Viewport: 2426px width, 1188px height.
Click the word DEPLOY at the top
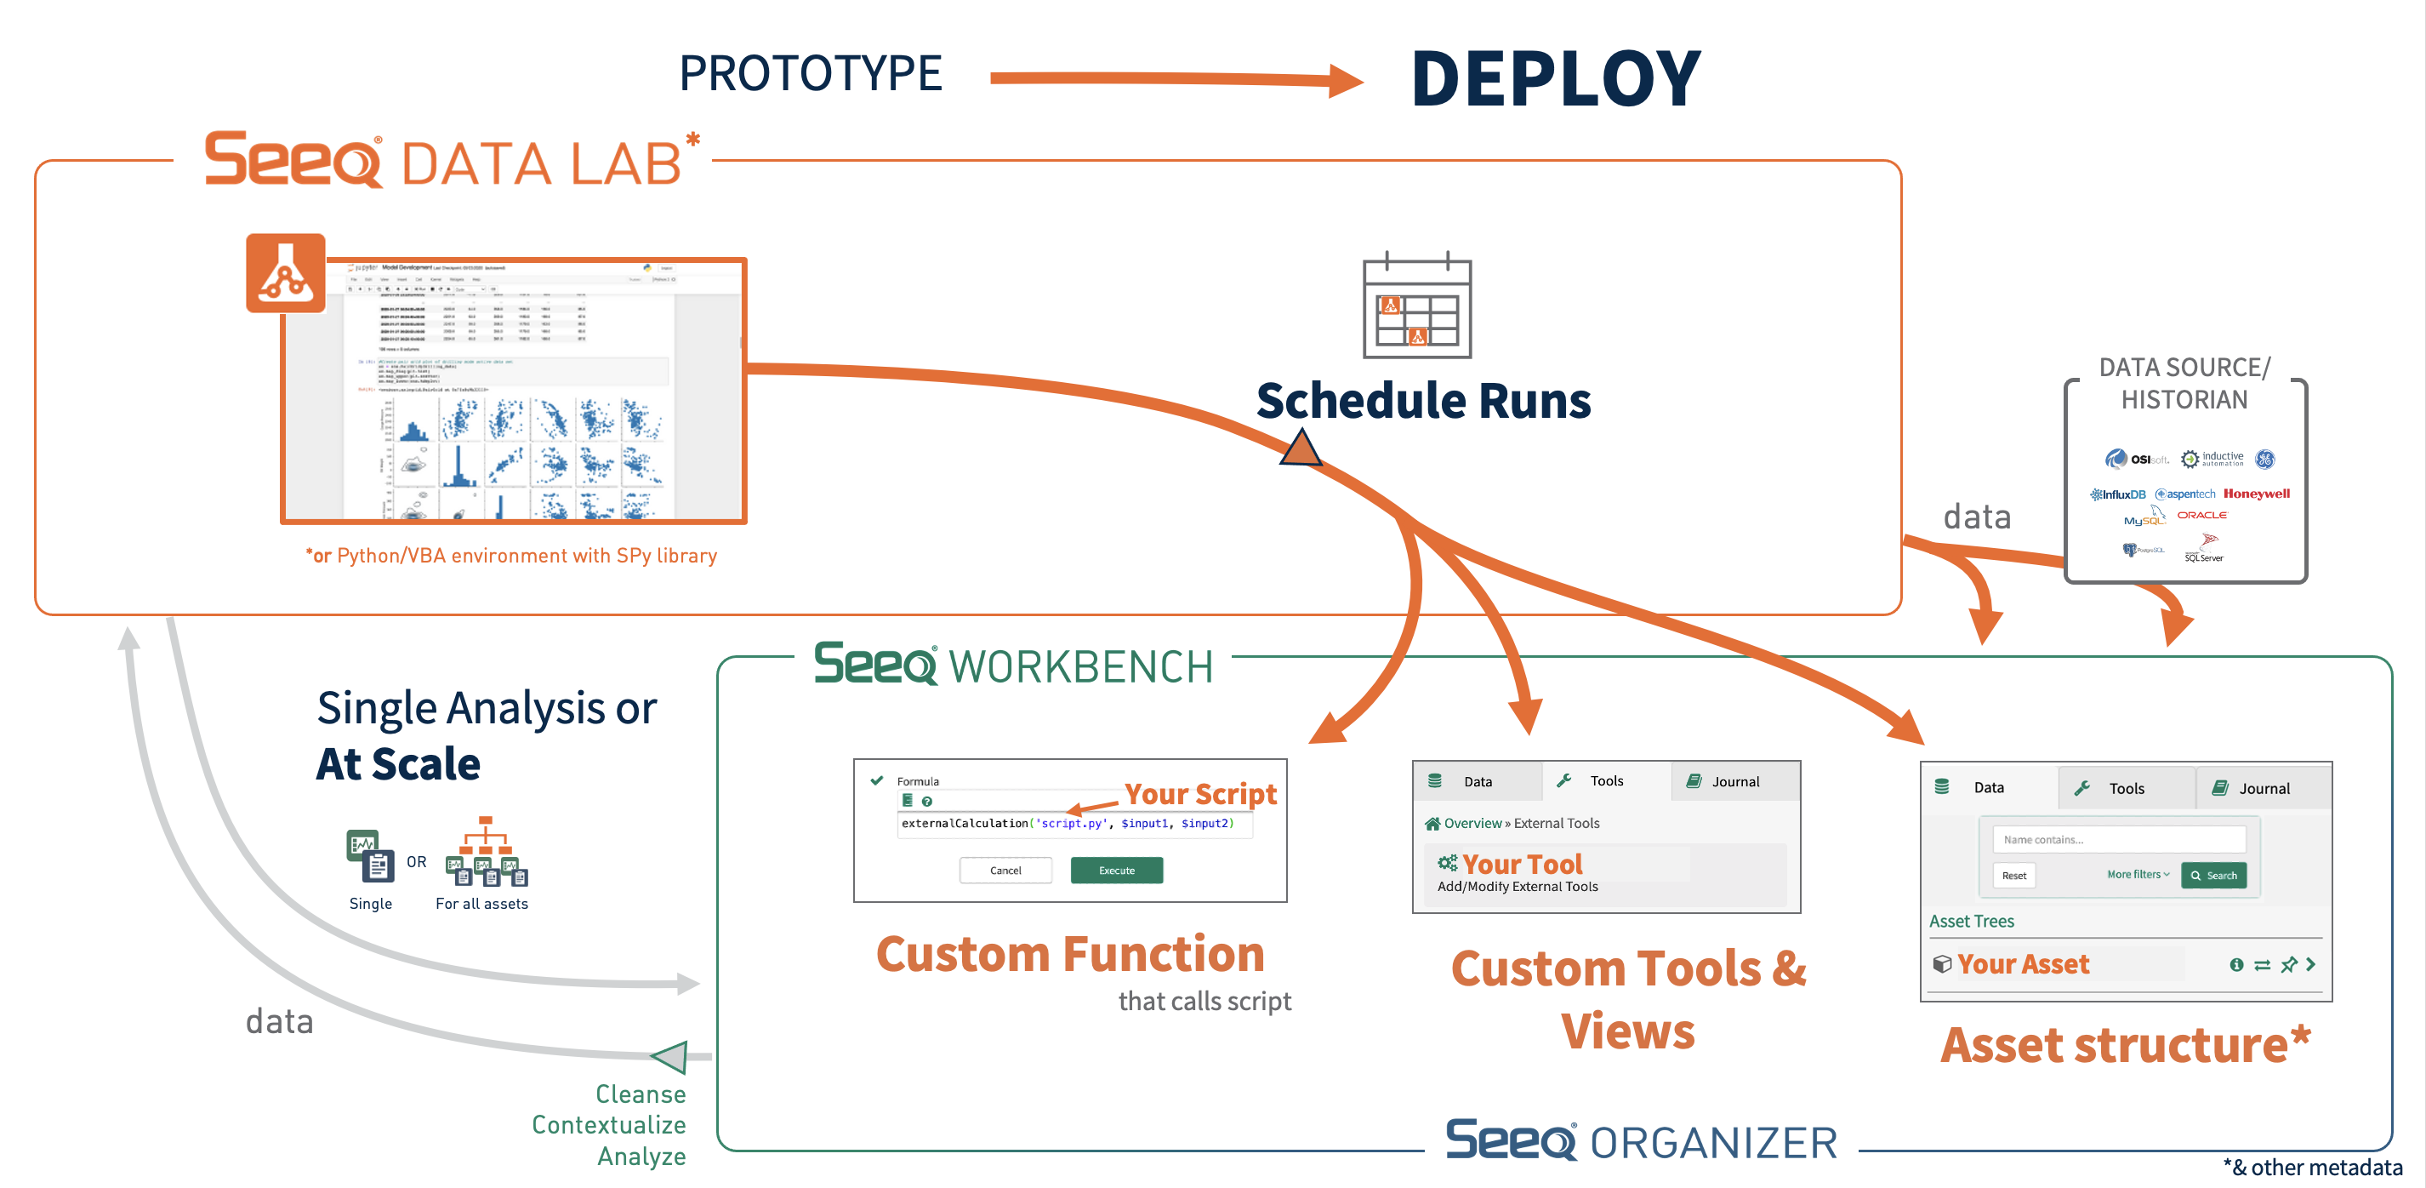(x=1556, y=79)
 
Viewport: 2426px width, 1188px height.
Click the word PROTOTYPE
(x=810, y=73)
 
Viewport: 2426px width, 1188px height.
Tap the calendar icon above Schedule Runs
(x=1416, y=307)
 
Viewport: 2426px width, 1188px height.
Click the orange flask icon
(x=285, y=273)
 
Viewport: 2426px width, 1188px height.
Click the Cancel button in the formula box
(x=1005, y=871)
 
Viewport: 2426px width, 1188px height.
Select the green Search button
(x=2213, y=875)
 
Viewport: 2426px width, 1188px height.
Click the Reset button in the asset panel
(x=2013, y=875)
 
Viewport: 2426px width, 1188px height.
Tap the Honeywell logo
(x=2256, y=494)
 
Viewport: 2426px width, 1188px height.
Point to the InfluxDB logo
(x=2118, y=494)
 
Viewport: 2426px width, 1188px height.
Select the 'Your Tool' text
(x=1521, y=864)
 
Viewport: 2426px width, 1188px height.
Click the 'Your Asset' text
(x=2022, y=964)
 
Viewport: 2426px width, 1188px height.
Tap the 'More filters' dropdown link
(x=2137, y=874)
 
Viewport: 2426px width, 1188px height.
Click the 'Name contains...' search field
(x=2118, y=839)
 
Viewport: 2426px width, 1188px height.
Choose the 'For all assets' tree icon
(x=486, y=853)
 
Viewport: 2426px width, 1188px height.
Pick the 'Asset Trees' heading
(x=1971, y=922)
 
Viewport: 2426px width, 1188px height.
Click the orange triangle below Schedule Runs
(x=1301, y=449)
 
